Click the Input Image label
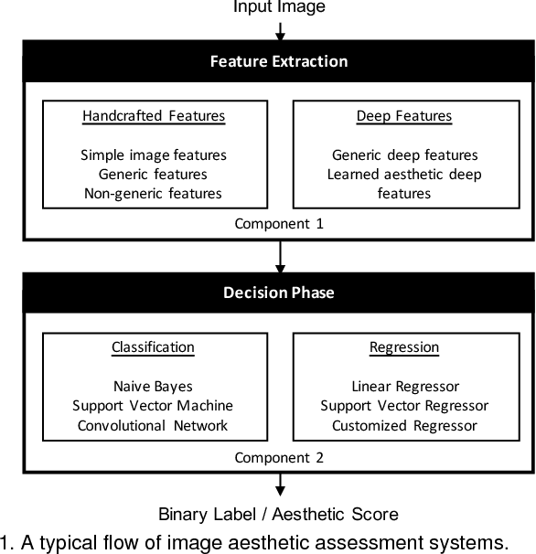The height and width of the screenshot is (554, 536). point(279,7)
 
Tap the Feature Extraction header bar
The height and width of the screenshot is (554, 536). point(279,62)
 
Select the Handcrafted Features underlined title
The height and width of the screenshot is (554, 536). point(154,116)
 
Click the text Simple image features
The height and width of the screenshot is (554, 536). point(154,155)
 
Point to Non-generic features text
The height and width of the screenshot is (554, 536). point(154,193)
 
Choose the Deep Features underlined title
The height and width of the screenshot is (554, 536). point(403,116)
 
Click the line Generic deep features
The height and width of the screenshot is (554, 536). point(404,155)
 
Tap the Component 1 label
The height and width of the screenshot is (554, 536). point(279,223)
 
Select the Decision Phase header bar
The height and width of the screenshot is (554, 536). point(279,293)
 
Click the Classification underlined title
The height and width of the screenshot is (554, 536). point(153,347)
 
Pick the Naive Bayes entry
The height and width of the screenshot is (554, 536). point(153,387)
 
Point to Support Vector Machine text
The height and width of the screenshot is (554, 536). point(153,405)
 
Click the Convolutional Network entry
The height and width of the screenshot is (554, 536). point(153,425)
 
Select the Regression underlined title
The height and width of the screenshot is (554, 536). point(404,347)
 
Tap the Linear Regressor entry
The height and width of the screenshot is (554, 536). point(404,387)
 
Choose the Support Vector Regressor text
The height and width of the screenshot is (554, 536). point(404,405)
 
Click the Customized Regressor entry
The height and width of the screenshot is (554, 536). point(404,425)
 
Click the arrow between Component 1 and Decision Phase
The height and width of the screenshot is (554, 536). point(279,256)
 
